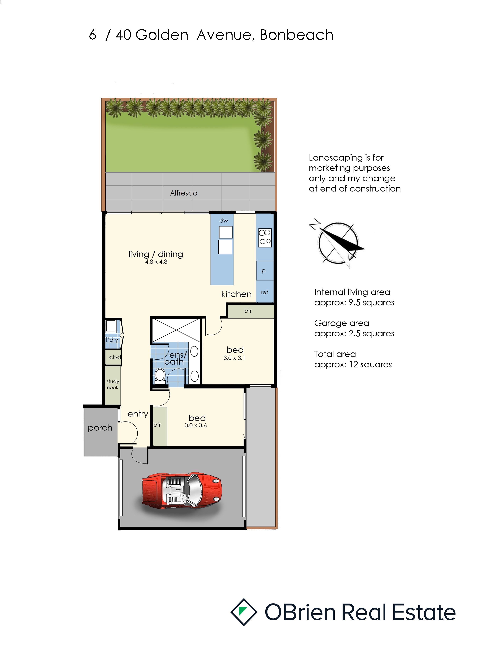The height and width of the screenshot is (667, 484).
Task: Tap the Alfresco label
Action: (184, 193)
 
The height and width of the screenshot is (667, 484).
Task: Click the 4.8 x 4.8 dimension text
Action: (156, 262)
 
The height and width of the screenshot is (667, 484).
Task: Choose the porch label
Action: (100, 428)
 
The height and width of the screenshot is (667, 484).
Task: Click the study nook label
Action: (113, 384)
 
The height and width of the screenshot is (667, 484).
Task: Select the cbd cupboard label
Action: (115, 357)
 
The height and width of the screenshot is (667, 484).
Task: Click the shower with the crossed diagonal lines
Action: (176, 330)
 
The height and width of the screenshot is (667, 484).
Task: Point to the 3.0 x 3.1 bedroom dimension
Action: (234, 358)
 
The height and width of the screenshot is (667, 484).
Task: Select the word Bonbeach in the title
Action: (297, 35)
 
